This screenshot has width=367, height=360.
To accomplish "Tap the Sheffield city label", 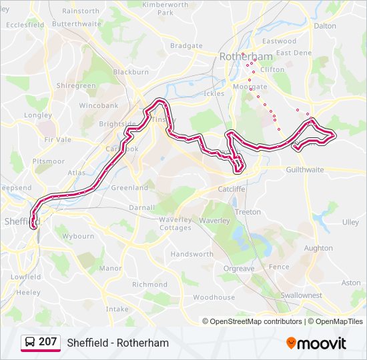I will (22, 221).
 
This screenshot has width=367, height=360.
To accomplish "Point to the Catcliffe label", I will (232, 189).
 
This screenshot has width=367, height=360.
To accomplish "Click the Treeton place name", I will (248, 212).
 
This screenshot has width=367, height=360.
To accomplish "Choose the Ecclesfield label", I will (25, 25).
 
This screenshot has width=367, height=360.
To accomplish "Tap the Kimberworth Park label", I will (165, 8).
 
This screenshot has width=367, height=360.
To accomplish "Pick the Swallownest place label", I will (301, 295).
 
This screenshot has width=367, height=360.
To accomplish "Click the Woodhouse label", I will (214, 297).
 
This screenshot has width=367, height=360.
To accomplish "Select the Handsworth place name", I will (192, 254).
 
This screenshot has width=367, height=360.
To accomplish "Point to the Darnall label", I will (142, 207).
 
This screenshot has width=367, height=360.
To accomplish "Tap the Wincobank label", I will (98, 106).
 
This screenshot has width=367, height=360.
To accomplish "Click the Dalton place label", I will (325, 26).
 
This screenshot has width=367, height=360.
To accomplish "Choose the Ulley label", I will (350, 222).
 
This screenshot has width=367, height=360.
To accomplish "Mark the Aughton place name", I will (318, 248).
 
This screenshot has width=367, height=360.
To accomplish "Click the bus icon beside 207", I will (29, 342).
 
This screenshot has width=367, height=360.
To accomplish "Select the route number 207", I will (47, 342).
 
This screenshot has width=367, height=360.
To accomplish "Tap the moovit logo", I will (316, 343).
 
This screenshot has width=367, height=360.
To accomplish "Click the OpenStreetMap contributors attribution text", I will (256, 321).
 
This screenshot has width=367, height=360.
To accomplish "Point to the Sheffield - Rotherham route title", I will (117, 343).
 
